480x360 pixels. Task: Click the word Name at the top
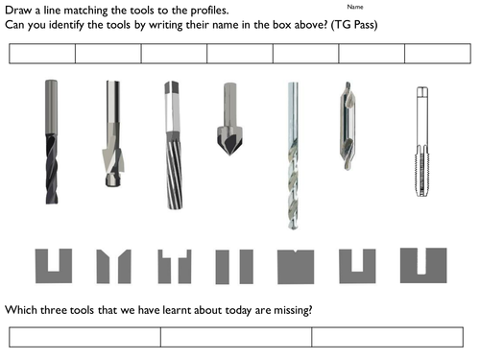click(x=355, y=7)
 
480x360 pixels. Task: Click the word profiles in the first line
click(x=209, y=11)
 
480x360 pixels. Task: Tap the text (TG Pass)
click(x=354, y=25)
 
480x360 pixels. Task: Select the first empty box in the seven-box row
click(x=42, y=54)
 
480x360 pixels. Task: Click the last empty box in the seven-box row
click(x=438, y=54)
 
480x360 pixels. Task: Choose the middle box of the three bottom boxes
click(x=236, y=337)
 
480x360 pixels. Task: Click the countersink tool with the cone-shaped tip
click(x=229, y=119)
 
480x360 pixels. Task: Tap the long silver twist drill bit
click(x=293, y=156)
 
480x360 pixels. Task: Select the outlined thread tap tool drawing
click(x=422, y=141)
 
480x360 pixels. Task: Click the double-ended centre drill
click(x=348, y=126)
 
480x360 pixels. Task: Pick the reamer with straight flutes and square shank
click(x=174, y=145)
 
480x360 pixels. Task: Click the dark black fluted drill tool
click(x=52, y=142)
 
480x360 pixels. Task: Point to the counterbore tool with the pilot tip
click(x=113, y=133)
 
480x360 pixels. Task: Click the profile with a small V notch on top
click(x=296, y=267)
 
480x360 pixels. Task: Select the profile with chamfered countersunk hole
click(x=113, y=266)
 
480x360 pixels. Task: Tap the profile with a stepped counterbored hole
click(x=175, y=267)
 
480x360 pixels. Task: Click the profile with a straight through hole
click(x=234, y=267)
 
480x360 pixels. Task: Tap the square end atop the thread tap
click(x=422, y=91)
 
